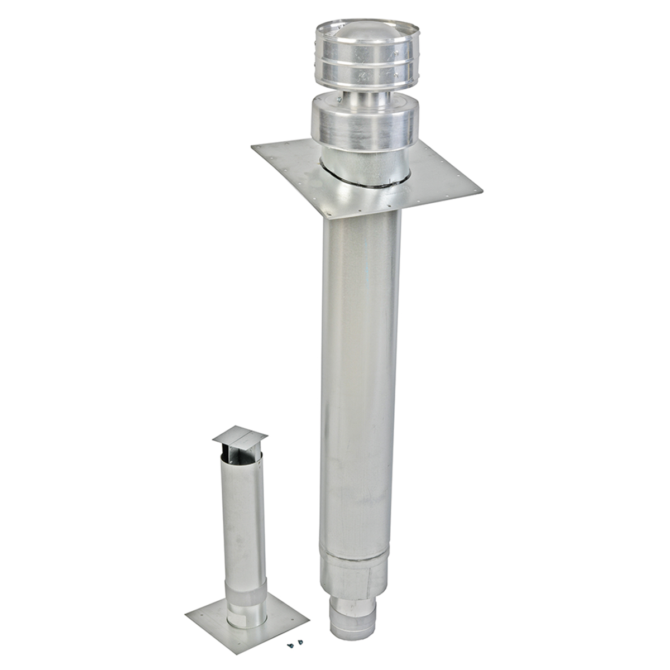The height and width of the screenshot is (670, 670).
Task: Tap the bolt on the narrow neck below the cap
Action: [x=339, y=100]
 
